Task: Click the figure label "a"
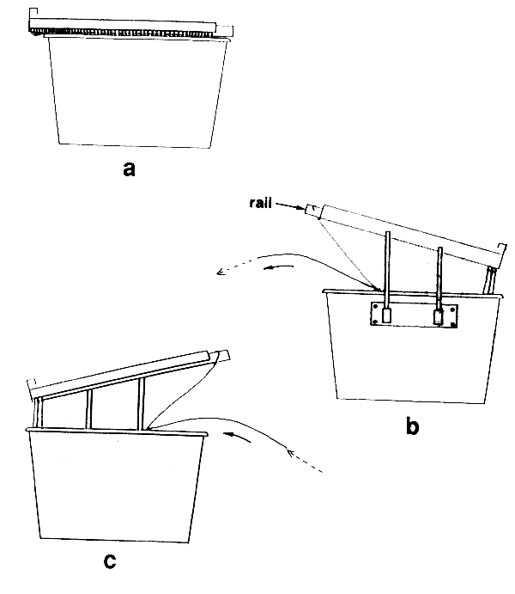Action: (x=129, y=169)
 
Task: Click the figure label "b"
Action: (x=413, y=426)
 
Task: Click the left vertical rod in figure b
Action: (x=387, y=266)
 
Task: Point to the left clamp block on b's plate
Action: (x=386, y=315)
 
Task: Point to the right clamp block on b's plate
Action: (x=440, y=317)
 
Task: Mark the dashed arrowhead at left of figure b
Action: (x=221, y=273)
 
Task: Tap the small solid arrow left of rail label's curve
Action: (x=282, y=268)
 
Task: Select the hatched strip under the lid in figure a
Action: (x=129, y=33)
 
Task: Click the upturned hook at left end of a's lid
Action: (x=33, y=15)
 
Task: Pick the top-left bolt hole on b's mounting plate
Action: (x=376, y=307)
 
